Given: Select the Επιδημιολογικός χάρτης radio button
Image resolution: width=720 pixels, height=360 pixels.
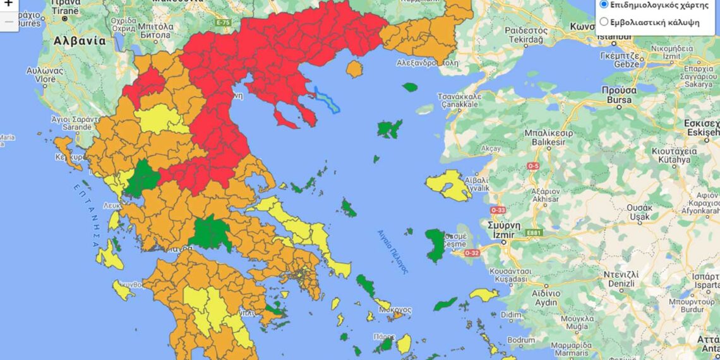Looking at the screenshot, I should click(x=604, y=4).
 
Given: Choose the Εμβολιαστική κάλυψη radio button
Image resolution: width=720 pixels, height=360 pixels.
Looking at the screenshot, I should click(x=604, y=21).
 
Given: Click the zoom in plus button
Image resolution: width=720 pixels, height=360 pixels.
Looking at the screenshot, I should click(x=8, y=3).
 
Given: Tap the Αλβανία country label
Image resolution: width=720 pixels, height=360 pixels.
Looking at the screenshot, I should click(x=80, y=40).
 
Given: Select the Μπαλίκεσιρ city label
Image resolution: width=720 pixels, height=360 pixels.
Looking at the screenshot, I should click(x=548, y=133).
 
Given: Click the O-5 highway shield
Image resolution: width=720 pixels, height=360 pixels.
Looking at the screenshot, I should click(x=533, y=166).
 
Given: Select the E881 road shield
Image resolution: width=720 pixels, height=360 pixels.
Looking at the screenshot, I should click(x=534, y=233).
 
